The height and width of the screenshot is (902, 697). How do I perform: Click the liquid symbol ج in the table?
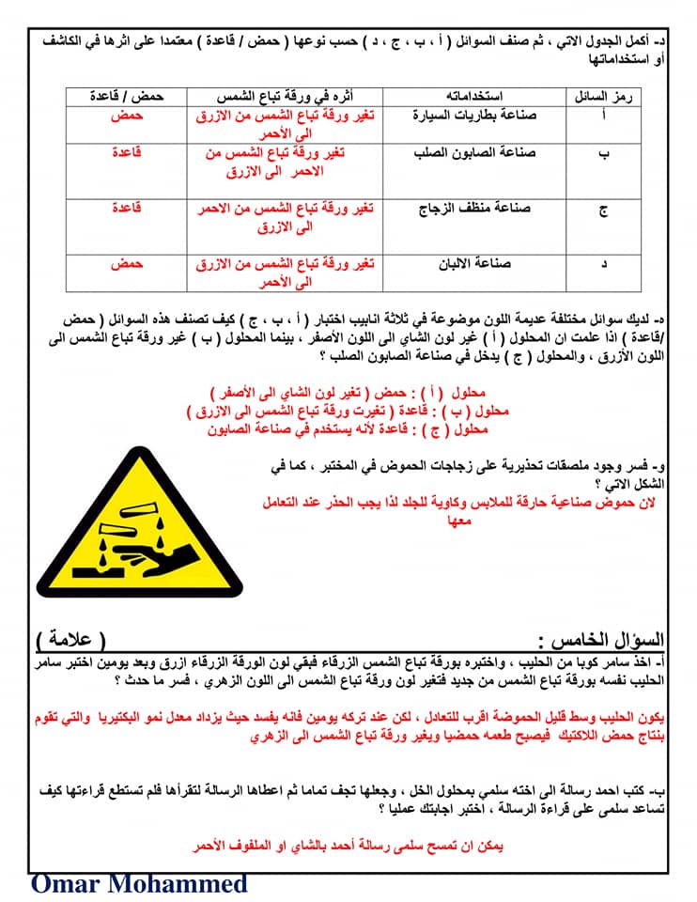(603, 210)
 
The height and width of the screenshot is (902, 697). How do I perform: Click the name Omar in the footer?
(71, 884)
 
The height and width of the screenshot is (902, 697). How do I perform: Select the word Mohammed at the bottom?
(183, 884)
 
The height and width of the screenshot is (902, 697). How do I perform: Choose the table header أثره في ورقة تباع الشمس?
(285, 96)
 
